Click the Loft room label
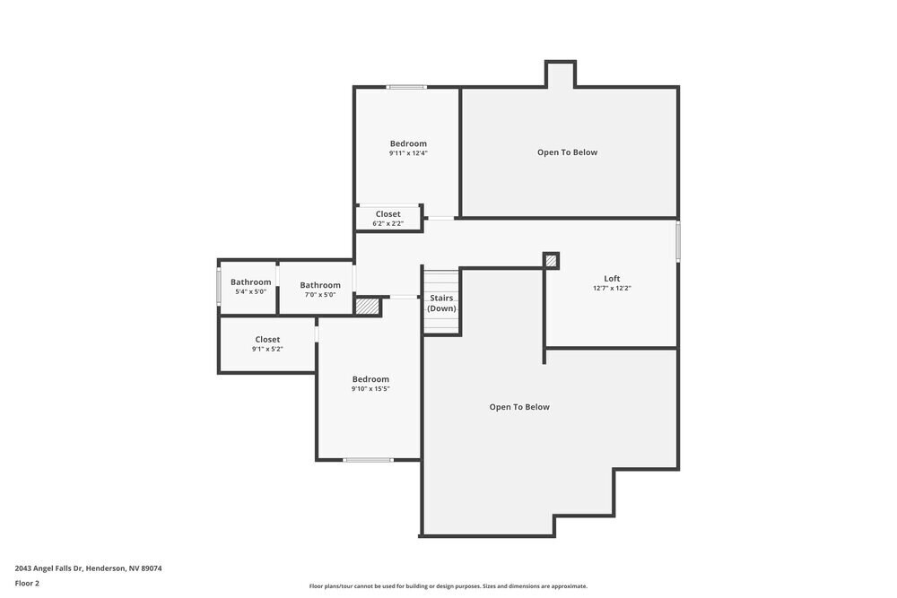point(612,279)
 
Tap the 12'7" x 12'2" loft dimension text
point(612,289)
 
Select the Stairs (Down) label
point(441,303)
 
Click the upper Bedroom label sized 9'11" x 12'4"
point(408,143)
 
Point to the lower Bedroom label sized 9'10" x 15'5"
point(370,379)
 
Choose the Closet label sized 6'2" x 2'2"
point(388,214)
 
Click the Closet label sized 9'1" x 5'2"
point(267,340)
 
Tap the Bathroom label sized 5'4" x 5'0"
point(250,282)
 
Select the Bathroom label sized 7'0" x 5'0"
point(320,285)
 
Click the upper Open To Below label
point(567,152)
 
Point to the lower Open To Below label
point(519,407)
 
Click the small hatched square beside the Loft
point(552,261)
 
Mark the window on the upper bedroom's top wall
point(406,87)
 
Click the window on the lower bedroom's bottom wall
point(368,460)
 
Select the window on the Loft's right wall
point(678,241)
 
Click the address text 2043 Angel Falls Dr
point(88,568)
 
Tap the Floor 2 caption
point(27,583)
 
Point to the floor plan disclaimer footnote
point(448,586)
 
